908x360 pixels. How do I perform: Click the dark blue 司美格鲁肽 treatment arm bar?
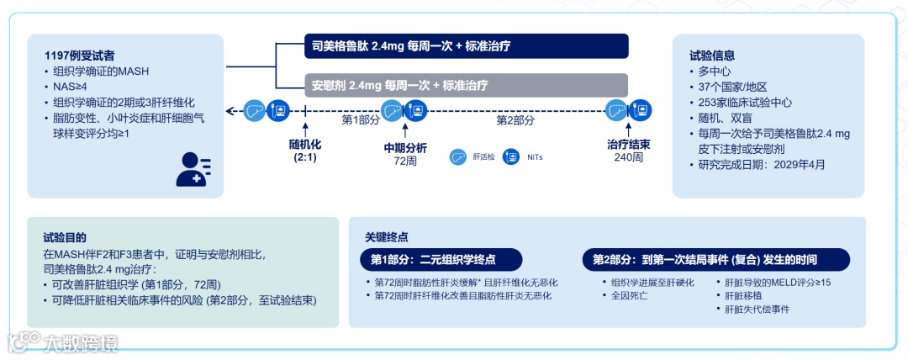click(466, 46)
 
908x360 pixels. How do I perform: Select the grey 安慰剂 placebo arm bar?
click(466, 85)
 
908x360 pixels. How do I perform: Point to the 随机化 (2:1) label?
click(305, 151)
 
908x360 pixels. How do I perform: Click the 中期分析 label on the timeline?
click(405, 147)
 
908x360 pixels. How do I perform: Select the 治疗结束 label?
click(628, 145)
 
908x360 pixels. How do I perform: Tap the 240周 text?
click(628, 158)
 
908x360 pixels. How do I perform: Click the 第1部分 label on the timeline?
click(361, 120)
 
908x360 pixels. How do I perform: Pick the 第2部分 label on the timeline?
click(515, 120)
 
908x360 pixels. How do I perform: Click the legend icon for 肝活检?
click(457, 156)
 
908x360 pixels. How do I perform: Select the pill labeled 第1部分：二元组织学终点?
click(440, 259)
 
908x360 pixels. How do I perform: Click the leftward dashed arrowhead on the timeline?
click(230, 110)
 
